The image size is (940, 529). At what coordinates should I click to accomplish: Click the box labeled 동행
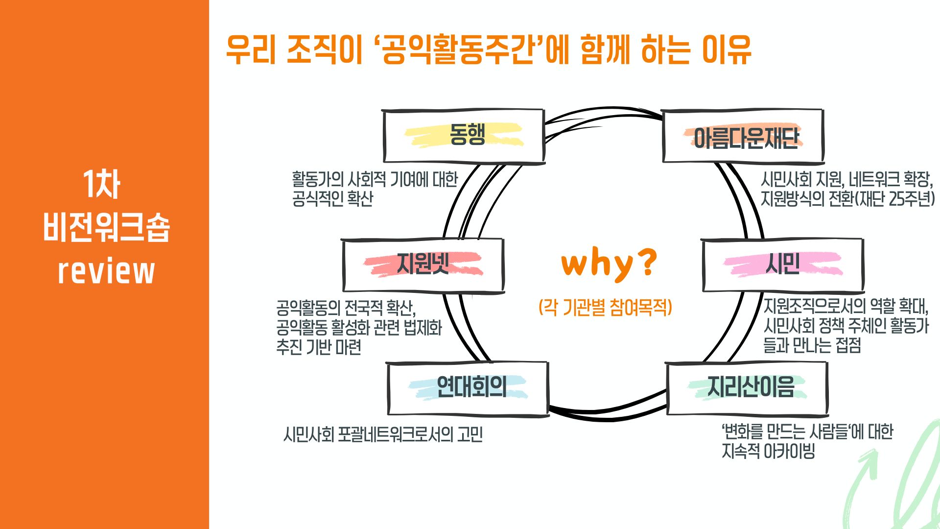[464, 136]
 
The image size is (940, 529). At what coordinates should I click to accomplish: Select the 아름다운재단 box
[743, 136]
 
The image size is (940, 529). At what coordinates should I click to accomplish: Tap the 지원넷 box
[423, 265]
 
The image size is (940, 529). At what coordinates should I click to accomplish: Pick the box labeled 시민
[783, 265]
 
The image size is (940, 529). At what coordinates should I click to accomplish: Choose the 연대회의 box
[468, 389]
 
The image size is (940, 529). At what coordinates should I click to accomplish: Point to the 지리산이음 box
[747, 389]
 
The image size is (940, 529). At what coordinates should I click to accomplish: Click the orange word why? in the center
[609, 264]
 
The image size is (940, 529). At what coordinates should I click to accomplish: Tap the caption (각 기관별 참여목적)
[606, 308]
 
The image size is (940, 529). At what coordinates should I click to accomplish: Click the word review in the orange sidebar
[106, 271]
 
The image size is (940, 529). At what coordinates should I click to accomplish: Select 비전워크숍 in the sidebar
[106, 227]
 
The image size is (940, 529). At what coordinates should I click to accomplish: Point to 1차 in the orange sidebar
[101, 184]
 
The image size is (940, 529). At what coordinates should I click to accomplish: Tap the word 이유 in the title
[727, 49]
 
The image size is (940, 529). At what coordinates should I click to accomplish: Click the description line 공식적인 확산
[332, 199]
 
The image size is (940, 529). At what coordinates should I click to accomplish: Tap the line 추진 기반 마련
[319, 347]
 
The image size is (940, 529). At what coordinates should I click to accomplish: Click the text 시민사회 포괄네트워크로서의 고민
[383, 434]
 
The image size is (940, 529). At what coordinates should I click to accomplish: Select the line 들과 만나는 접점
[812, 345]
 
